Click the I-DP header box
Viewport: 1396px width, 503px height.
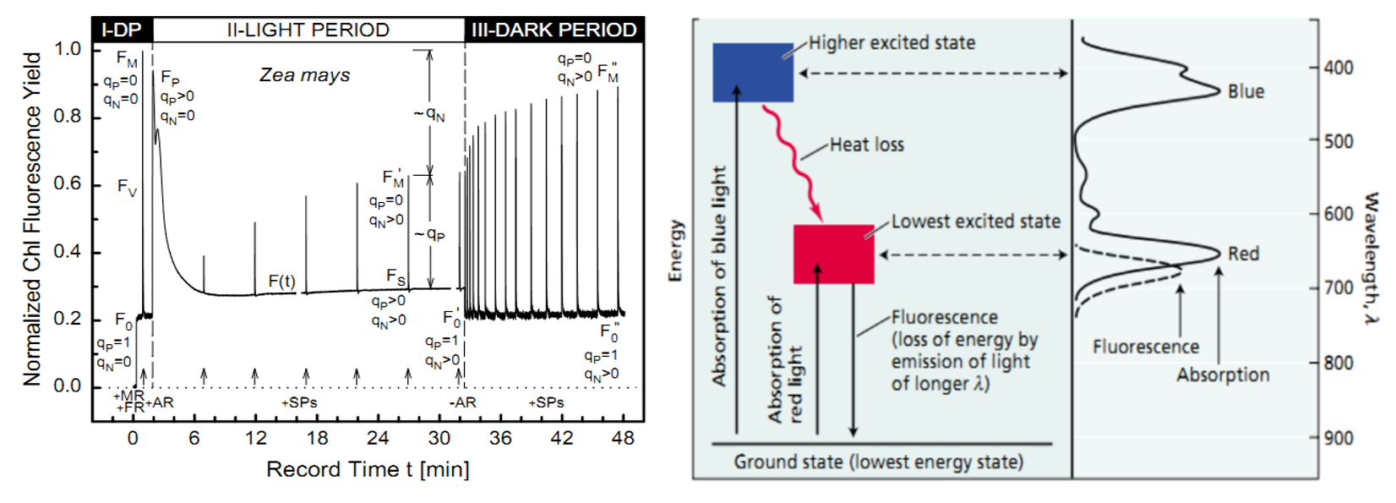pyautogui.click(x=122, y=30)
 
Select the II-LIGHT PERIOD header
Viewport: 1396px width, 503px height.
pyautogui.click(x=308, y=30)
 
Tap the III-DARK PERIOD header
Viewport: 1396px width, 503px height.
pyautogui.click(x=553, y=30)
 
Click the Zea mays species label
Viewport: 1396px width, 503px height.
pyautogui.click(x=304, y=75)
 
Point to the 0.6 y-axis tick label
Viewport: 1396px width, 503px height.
pyautogui.click(x=68, y=183)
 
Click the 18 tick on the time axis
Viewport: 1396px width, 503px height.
pyautogui.click(x=317, y=438)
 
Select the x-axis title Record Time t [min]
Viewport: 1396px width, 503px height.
pyautogui.click(x=368, y=469)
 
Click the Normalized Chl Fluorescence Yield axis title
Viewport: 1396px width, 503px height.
pyautogui.click(x=32, y=218)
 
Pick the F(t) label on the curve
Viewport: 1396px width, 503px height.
pyautogui.click(x=281, y=281)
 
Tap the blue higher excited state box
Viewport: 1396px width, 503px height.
pyautogui.click(x=753, y=73)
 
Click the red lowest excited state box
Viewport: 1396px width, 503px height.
pyautogui.click(x=833, y=254)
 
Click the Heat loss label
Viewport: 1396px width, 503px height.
pyautogui.click(x=866, y=145)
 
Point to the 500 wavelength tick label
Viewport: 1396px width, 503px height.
pyautogui.click(x=1338, y=141)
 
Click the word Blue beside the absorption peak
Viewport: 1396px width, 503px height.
pyautogui.click(x=1246, y=91)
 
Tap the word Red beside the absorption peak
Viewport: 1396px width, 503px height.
pyautogui.click(x=1243, y=254)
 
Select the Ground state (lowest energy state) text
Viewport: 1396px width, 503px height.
pyautogui.click(x=878, y=462)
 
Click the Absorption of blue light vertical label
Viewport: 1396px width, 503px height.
pyautogui.click(x=719, y=276)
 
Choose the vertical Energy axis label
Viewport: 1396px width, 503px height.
pyautogui.click(x=674, y=250)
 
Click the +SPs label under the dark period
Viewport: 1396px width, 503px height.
pyautogui.click(x=546, y=402)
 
